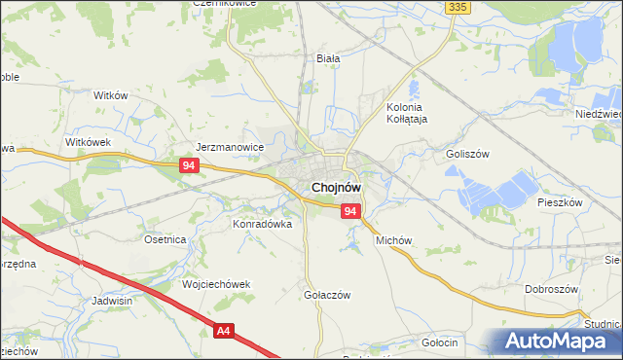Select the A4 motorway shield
[225, 332]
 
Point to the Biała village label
[328, 58]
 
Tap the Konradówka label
[262, 223]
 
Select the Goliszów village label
[466, 154]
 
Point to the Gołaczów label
[327, 295]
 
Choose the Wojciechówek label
[216, 284]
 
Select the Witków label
[111, 95]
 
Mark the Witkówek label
[90, 142]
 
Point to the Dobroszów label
[552, 289]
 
